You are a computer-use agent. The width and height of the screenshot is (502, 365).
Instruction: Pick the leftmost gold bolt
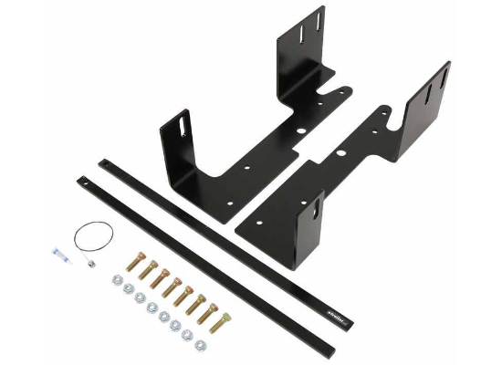[x=137, y=265]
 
